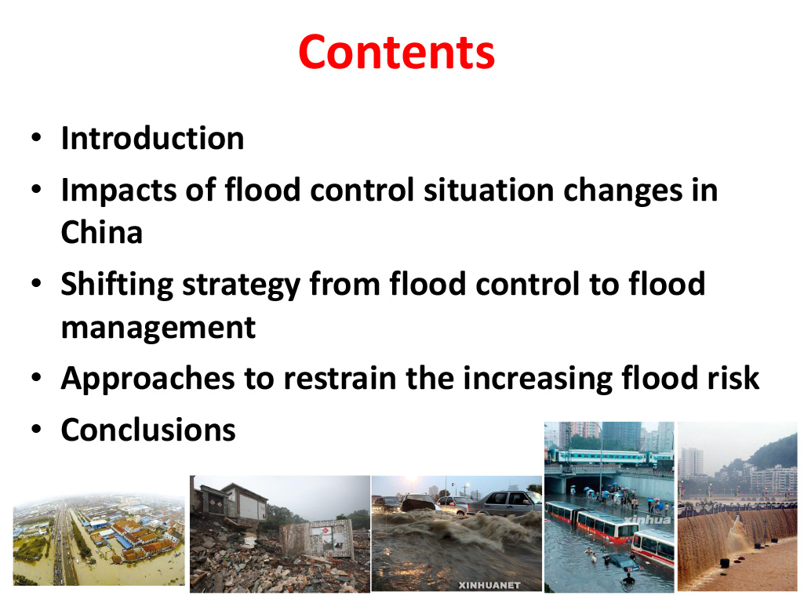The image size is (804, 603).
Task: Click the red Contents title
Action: [x=396, y=53]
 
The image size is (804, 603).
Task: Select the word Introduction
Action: [x=152, y=138]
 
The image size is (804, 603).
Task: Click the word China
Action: [x=101, y=232]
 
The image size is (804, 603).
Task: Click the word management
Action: [x=158, y=329]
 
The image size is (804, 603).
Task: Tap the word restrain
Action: [x=340, y=378]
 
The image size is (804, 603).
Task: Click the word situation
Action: [x=489, y=191]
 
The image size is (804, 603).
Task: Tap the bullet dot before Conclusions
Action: [x=36, y=429]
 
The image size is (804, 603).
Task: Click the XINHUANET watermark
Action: [x=489, y=585]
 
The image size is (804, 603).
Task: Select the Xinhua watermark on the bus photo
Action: [x=647, y=519]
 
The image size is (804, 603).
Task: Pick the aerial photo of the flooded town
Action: [x=99, y=539]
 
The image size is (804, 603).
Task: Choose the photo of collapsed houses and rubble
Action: [x=280, y=534]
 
